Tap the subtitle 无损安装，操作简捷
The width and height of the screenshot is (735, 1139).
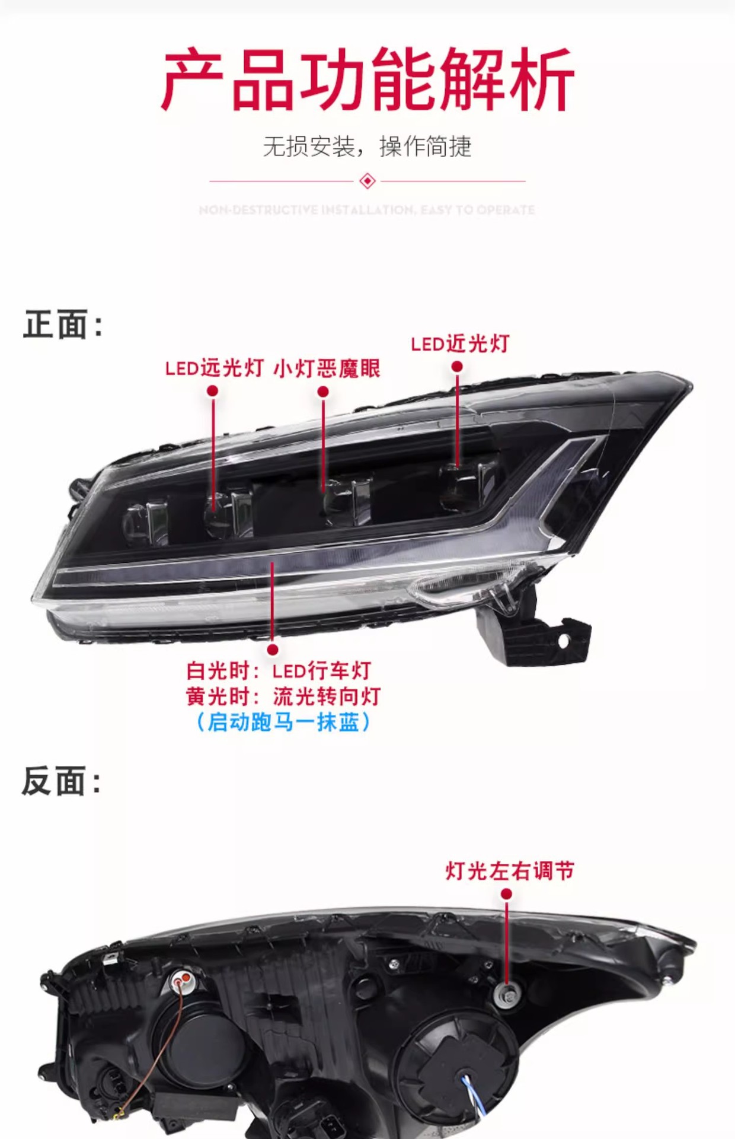(x=367, y=146)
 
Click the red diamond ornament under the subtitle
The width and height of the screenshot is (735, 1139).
(x=367, y=181)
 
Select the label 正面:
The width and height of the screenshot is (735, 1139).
(x=63, y=325)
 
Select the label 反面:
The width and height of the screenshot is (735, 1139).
(x=62, y=781)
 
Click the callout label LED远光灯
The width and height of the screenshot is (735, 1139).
(x=214, y=368)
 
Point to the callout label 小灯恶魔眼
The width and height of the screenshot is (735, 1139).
(x=327, y=368)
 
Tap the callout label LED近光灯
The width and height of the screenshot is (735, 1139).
(x=460, y=343)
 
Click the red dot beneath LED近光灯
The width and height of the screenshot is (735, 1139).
(x=457, y=367)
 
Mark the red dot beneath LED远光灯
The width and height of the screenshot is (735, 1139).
(x=213, y=391)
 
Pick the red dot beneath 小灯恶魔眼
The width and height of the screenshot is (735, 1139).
(x=323, y=392)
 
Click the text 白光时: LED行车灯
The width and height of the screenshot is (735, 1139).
(x=279, y=671)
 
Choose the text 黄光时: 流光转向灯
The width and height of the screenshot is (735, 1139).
(x=283, y=696)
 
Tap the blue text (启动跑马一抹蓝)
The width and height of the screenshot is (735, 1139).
(x=283, y=722)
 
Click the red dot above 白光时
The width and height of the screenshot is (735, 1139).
(x=273, y=650)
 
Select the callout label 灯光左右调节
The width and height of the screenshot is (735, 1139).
(x=510, y=871)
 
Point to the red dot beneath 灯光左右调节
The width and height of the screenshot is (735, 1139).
(x=506, y=894)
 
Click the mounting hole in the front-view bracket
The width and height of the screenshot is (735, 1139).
(x=563, y=641)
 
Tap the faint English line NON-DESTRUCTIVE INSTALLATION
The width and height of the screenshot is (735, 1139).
(x=367, y=210)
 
